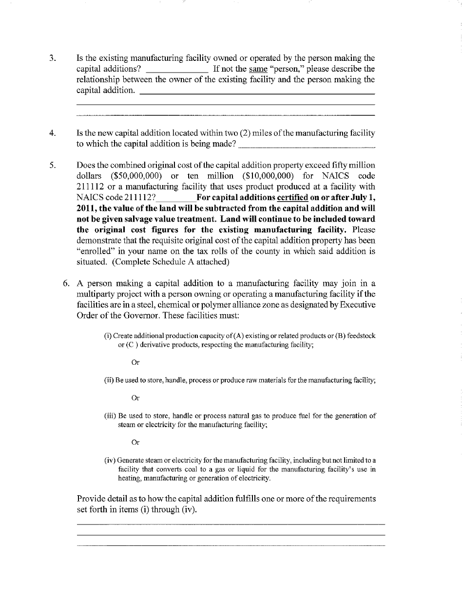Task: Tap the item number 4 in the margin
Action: (x=52, y=133)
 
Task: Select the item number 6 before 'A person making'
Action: (x=66, y=284)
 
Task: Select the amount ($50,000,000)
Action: (x=136, y=176)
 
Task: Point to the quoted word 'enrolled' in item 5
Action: (x=96, y=251)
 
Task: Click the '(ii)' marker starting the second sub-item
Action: (x=109, y=380)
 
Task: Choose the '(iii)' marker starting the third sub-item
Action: (x=110, y=416)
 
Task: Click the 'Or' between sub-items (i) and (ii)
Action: (x=135, y=363)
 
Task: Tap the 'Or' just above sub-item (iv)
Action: (x=135, y=443)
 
